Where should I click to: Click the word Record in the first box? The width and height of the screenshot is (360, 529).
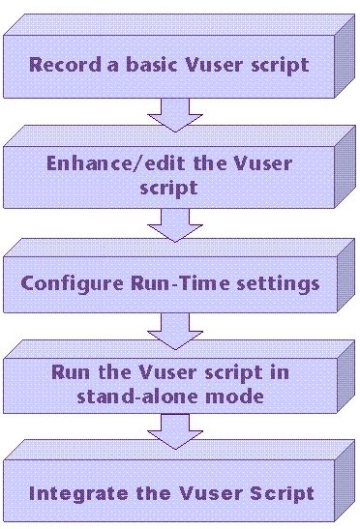61,66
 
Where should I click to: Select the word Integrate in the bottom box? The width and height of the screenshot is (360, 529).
71,493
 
